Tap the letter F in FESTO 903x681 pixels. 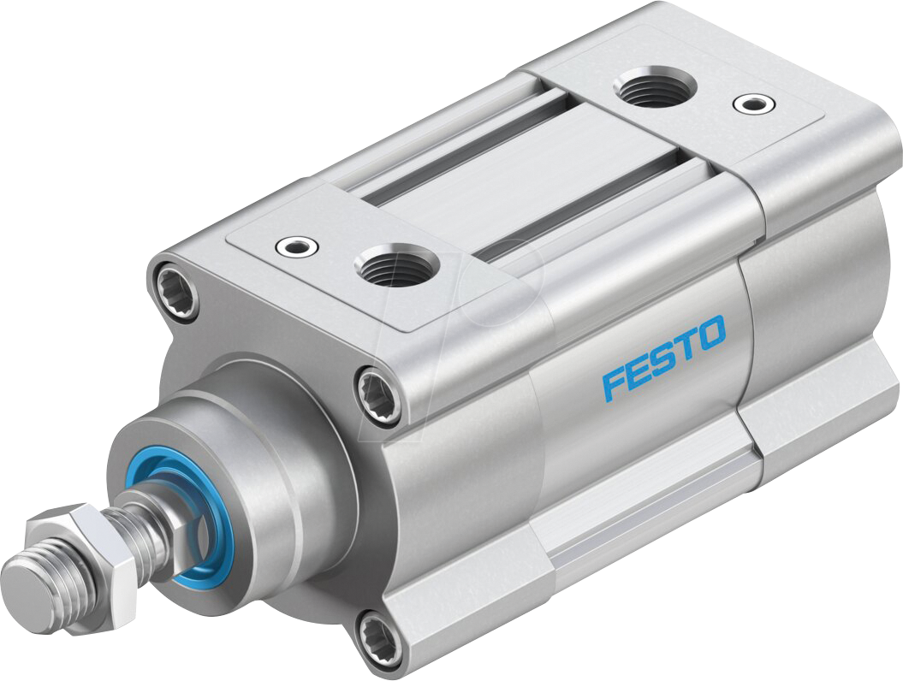click(613, 385)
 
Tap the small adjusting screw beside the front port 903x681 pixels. click(297, 246)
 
